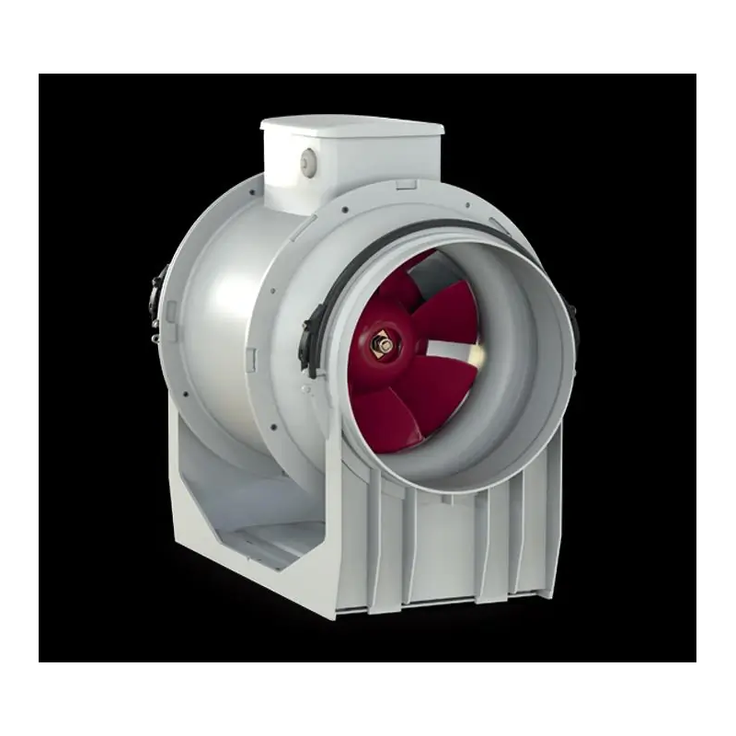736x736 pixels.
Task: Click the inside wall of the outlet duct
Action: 515,386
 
